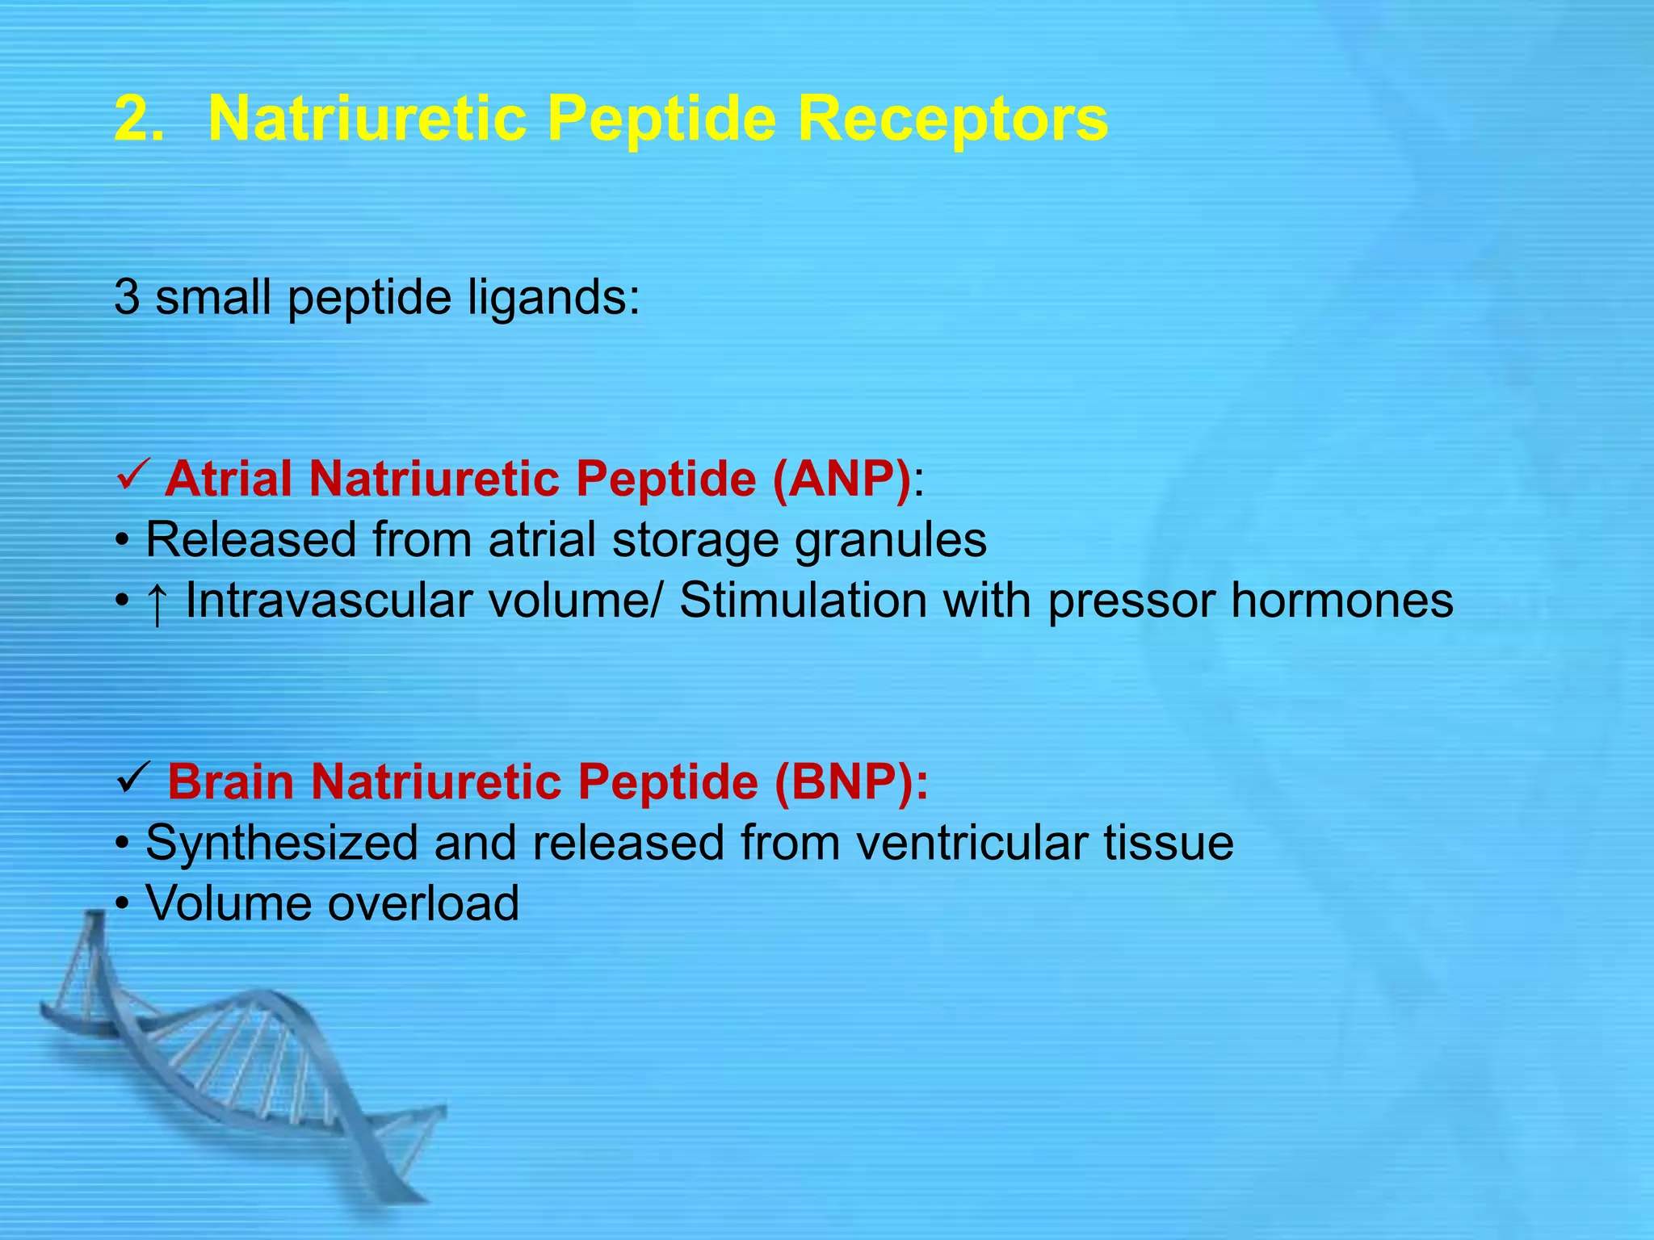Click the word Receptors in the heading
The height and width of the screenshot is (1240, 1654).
click(952, 119)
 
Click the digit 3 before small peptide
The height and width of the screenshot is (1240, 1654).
click(127, 297)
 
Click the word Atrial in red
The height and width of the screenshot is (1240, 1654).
click(229, 479)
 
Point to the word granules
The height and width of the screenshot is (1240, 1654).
click(890, 541)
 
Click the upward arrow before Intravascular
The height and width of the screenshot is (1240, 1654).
click(157, 603)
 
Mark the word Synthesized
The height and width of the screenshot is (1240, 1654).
click(280, 844)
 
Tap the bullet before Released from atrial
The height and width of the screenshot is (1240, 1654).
click(122, 541)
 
